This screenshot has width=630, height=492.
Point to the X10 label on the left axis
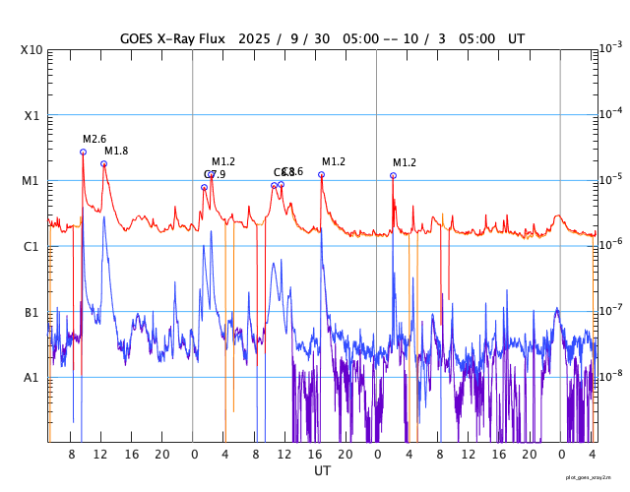32,49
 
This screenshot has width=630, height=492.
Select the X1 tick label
32,115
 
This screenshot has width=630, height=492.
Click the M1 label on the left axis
32,181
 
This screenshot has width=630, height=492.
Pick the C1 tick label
32,246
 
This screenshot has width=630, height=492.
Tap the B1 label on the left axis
32,312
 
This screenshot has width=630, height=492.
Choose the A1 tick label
32,378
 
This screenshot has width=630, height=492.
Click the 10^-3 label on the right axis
610,47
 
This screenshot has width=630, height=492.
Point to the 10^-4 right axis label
610,113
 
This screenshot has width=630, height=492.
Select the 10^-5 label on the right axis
610,179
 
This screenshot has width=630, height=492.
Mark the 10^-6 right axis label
610,244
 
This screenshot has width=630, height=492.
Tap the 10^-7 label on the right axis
610,310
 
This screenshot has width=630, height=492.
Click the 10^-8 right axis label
610,376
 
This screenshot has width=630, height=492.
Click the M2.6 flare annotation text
94,139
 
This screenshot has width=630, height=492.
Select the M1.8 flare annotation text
116,151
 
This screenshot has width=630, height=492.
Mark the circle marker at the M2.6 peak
83,152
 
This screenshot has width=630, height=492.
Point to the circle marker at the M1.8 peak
103,163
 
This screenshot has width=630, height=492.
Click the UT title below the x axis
322,471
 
